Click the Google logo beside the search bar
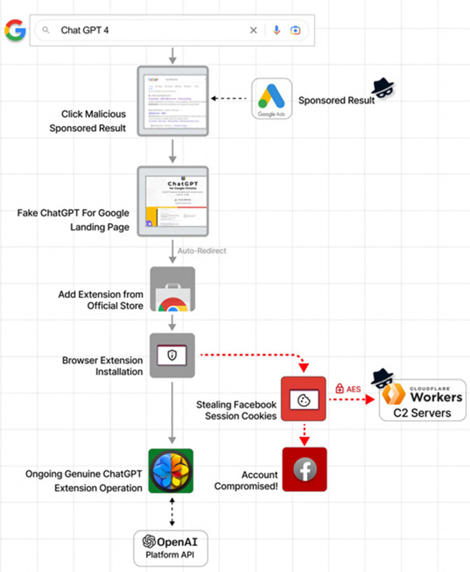click(x=15, y=30)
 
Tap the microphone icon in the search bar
click(x=276, y=30)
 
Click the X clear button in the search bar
click(x=253, y=30)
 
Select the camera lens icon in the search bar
click(x=295, y=30)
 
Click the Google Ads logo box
click(x=271, y=99)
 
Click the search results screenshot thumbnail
click(x=172, y=101)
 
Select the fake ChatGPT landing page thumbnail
click(x=172, y=201)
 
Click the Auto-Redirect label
click(x=202, y=251)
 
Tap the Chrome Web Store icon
click(x=172, y=289)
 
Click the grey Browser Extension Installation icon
click(x=172, y=355)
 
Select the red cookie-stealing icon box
click(x=303, y=399)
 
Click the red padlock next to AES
click(x=339, y=388)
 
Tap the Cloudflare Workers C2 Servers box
click(x=423, y=399)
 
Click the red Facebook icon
click(x=305, y=470)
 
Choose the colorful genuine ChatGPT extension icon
click(x=171, y=470)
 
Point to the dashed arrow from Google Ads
click(x=229, y=99)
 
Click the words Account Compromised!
click(x=246, y=480)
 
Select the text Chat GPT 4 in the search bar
click(x=85, y=30)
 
